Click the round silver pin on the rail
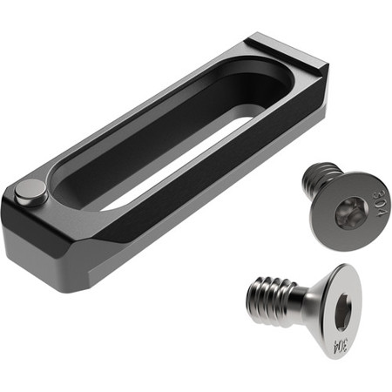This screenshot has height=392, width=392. tap(31, 193)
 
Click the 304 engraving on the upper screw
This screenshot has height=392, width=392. tap(381, 204)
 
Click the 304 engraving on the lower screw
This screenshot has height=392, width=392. tap(341, 346)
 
